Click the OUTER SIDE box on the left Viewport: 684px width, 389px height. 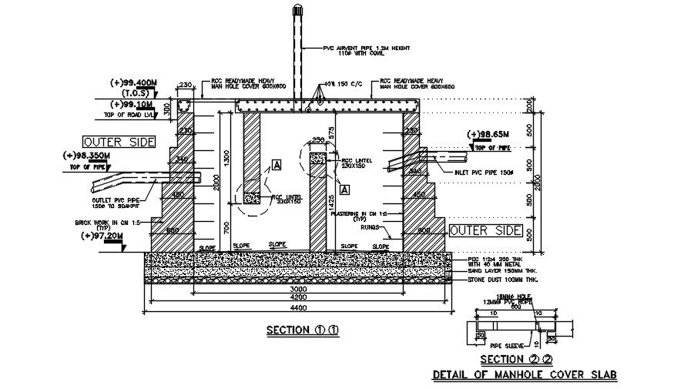click(119, 142)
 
